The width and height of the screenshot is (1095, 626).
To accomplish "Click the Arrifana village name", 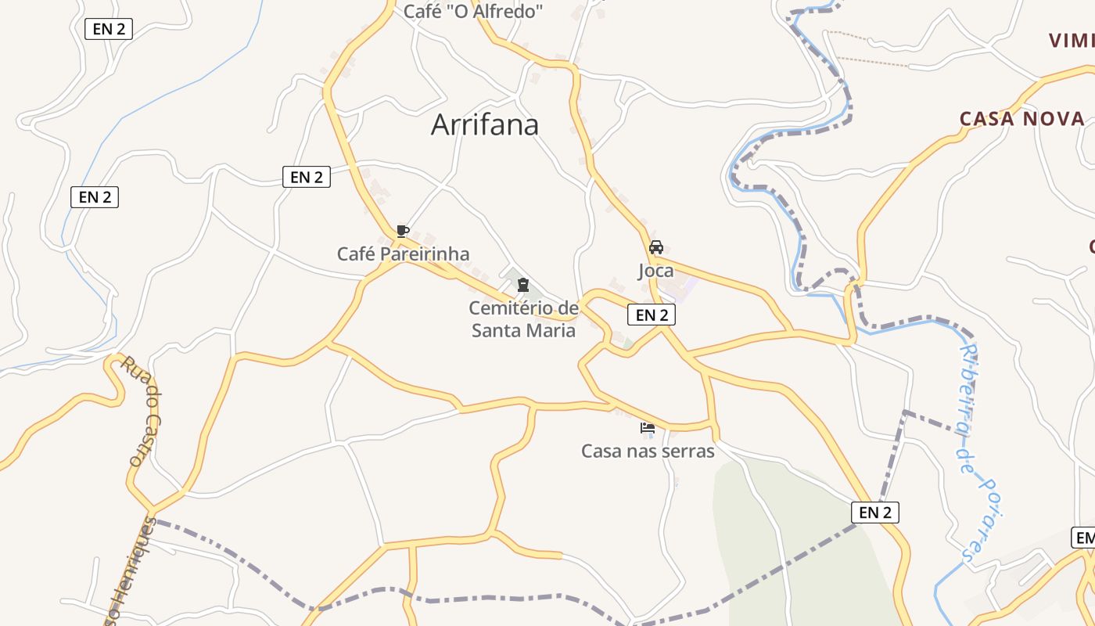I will coord(485,125).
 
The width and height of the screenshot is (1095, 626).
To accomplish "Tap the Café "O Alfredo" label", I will coord(473,12).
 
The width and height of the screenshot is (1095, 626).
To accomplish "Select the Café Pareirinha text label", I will coord(403,254).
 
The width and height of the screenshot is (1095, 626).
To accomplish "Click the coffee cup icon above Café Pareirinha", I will coord(402,231).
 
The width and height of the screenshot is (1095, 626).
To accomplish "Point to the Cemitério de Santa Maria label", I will coord(523,319).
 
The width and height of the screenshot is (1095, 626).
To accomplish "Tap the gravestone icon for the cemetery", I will coord(523,285).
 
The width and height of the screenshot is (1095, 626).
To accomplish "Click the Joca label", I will coord(655,271).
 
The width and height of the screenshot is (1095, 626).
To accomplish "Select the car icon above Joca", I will coord(655,247).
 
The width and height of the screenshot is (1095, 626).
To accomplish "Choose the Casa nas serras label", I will coord(648,451).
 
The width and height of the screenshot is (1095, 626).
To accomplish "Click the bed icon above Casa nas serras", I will coord(648,428).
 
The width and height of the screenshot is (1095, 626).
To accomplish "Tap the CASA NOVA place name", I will coord(1022,119).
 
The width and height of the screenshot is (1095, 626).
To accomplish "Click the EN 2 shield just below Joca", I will coord(652,315).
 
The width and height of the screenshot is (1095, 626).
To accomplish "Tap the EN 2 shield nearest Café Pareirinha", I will coord(307,177).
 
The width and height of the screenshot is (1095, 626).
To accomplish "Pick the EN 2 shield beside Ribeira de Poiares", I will coord(874,513).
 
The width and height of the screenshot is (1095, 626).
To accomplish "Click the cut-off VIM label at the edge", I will coord(1072,41).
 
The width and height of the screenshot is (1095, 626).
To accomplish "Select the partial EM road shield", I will coord(1084,538).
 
